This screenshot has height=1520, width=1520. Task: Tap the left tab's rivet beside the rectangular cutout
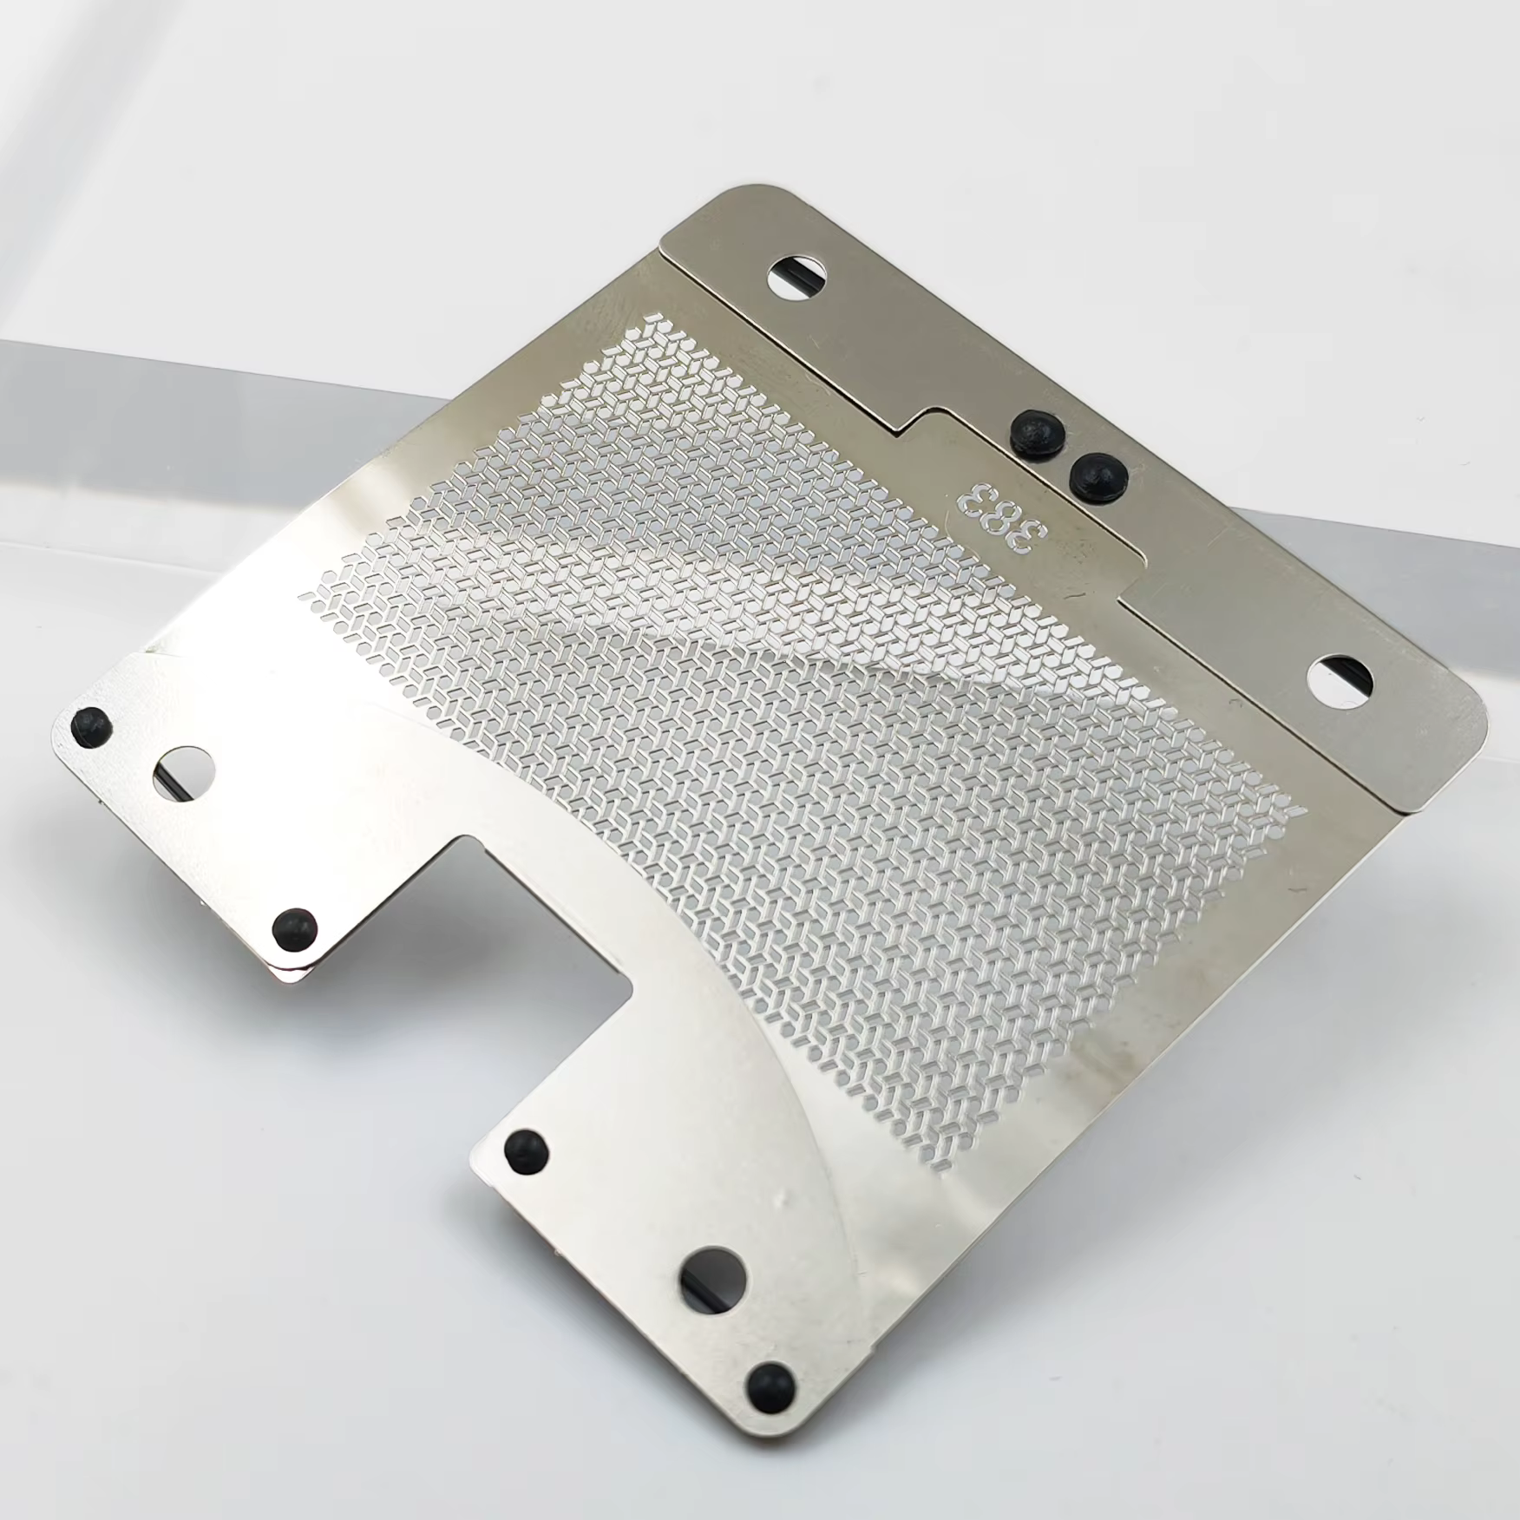(295, 928)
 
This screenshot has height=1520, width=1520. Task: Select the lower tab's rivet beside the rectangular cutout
(526, 1150)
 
